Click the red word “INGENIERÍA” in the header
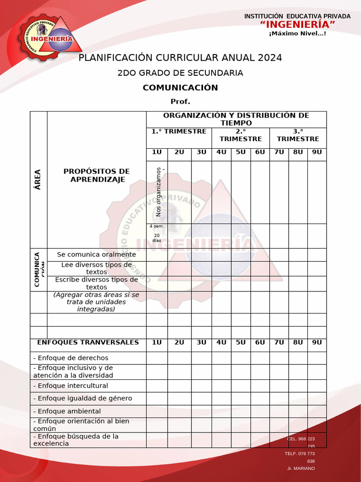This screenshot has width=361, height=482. click(298, 24)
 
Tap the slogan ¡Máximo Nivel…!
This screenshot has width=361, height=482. click(298, 33)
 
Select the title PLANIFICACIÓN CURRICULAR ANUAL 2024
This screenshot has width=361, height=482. click(180, 58)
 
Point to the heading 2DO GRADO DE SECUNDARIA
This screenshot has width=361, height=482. click(180, 73)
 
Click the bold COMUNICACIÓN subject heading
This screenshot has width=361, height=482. click(180, 88)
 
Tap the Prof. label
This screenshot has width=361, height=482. click(180, 102)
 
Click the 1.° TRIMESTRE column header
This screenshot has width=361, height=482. click(179, 131)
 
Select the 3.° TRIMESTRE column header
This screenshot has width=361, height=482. click(298, 135)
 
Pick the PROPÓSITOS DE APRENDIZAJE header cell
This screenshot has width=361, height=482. click(96, 175)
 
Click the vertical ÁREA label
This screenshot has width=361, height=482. click(38, 179)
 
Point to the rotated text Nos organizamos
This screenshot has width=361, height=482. click(158, 192)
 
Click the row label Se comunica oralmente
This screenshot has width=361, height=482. click(96, 255)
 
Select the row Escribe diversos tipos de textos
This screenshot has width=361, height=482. click(96, 283)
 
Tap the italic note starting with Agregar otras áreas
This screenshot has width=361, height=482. click(96, 302)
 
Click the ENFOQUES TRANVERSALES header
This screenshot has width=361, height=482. click(88, 342)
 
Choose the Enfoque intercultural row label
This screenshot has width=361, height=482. click(71, 386)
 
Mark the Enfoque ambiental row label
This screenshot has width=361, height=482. click(67, 411)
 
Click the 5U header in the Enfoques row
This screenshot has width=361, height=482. click(241, 342)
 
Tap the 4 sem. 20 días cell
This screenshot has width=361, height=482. click(157, 233)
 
